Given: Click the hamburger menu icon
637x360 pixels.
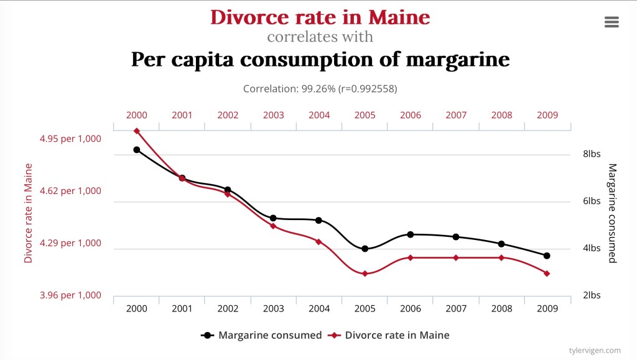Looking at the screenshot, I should click(611, 22).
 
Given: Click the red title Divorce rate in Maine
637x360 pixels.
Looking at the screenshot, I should click(320, 17).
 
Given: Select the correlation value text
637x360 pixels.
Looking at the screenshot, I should click(320, 89).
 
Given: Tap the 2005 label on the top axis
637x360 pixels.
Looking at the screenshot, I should click(365, 115).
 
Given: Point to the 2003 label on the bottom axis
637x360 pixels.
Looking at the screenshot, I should click(273, 308).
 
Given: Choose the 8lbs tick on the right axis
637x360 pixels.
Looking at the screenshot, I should click(591, 154).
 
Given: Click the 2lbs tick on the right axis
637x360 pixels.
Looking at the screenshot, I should click(591, 295).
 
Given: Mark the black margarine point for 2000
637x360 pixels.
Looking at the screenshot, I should click(136, 150).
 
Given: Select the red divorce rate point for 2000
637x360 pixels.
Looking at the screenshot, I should click(136, 131).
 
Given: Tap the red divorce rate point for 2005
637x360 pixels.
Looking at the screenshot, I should click(365, 274).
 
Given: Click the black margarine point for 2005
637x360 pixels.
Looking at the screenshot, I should click(365, 249).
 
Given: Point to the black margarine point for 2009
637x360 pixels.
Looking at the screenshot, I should click(547, 256).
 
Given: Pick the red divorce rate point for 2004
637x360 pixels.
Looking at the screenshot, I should click(318, 242).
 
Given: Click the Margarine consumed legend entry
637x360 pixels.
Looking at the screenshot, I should click(262, 335).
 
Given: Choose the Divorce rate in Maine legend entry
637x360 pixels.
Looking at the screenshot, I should click(389, 335).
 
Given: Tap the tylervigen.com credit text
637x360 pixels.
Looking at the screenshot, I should click(595, 351).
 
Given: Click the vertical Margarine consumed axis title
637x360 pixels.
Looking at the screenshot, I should click(612, 213).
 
